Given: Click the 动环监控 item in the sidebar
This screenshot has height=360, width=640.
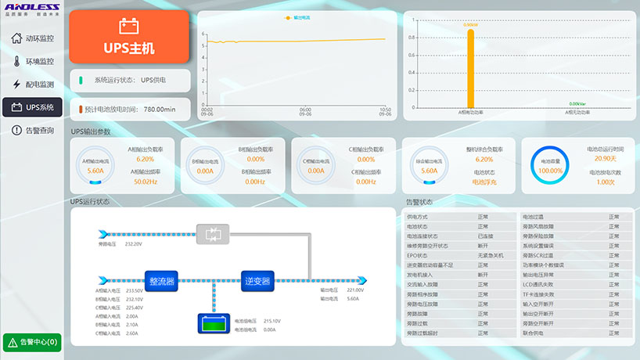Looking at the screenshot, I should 32,38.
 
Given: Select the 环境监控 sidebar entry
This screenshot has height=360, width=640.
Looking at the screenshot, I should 32,61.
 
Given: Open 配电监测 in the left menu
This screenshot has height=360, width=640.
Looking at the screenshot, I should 32,84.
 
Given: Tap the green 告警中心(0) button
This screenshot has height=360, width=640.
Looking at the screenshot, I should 32,342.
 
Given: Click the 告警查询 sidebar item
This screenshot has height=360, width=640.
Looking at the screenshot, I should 32,130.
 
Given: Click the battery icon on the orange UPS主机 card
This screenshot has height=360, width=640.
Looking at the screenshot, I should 129,27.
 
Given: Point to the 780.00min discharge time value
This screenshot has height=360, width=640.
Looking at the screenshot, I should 160,110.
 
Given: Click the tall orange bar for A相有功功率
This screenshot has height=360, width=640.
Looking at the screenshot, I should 470,68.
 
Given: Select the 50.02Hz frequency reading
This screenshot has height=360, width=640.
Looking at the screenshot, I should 146,182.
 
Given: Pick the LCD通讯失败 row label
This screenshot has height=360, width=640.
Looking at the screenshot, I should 539,284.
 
